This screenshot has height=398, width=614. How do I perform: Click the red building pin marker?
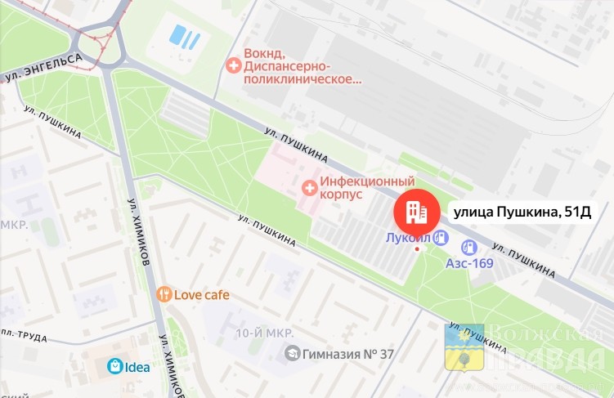[x=416, y=212]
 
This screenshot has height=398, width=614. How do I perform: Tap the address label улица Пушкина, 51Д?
[x=522, y=212]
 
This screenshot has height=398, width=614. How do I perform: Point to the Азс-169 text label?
[x=469, y=264]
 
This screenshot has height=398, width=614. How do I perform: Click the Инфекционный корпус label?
[x=367, y=188]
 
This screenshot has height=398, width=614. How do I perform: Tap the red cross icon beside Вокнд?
[x=234, y=63]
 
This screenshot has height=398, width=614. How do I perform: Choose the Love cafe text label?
[x=201, y=294]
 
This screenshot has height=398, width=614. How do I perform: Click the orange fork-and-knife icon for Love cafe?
[x=164, y=294]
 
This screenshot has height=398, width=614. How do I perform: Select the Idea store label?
[x=137, y=366]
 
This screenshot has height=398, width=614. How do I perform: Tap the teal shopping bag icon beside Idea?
[x=115, y=366]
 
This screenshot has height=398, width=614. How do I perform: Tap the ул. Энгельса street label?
[x=43, y=68]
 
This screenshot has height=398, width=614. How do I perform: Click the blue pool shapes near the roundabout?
[x=183, y=36]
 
